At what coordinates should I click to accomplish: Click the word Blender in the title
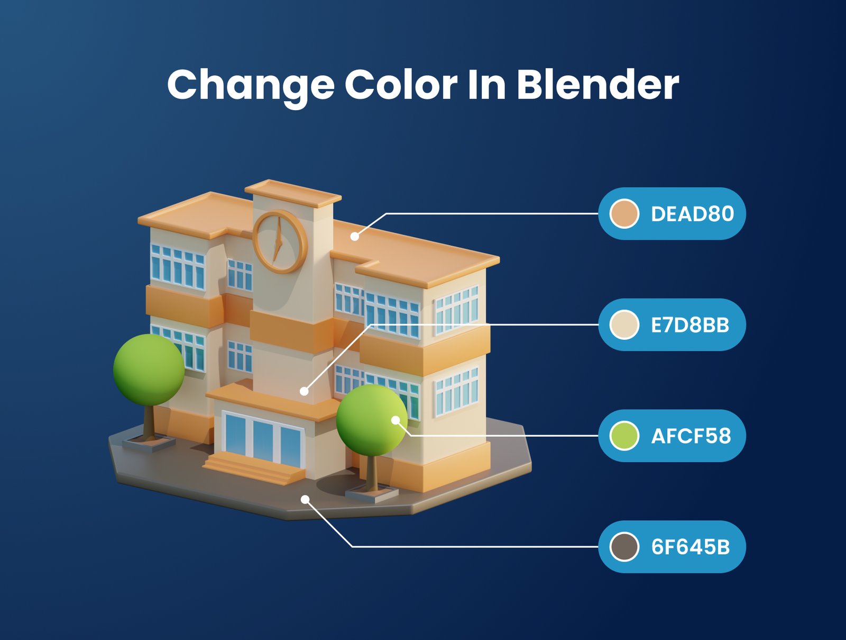click(598, 85)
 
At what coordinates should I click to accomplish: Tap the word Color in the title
click(401, 85)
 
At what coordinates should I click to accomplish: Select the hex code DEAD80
click(692, 214)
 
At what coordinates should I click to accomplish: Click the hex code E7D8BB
click(690, 325)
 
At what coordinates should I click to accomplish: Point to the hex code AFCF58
click(691, 436)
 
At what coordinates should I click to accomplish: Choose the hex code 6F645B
click(691, 547)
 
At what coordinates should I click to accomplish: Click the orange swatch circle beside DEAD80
click(624, 214)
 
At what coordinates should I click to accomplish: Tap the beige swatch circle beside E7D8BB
click(624, 325)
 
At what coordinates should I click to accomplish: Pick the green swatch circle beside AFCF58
click(624, 436)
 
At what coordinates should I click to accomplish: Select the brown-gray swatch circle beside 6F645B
click(624, 547)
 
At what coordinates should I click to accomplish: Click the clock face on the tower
click(279, 242)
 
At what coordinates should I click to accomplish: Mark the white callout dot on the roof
click(355, 237)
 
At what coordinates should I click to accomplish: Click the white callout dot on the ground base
click(305, 500)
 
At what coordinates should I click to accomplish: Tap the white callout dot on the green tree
click(396, 420)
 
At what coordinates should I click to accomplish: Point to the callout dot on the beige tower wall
click(304, 392)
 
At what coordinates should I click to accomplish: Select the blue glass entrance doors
click(263, 439)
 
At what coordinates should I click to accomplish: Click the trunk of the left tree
click(149, 422)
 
